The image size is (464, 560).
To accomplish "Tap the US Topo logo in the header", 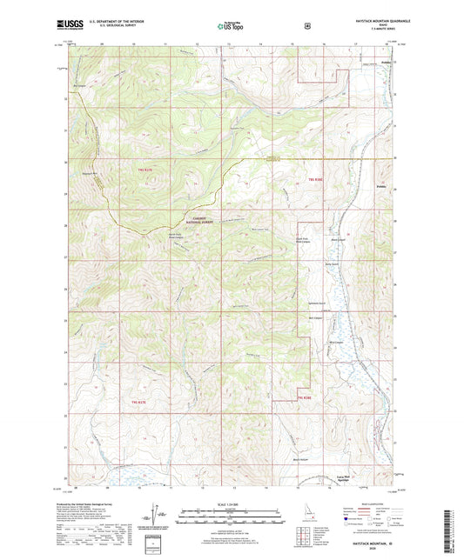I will (x=232, y=26).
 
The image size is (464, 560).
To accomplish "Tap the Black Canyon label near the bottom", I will (x=300, y=458).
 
